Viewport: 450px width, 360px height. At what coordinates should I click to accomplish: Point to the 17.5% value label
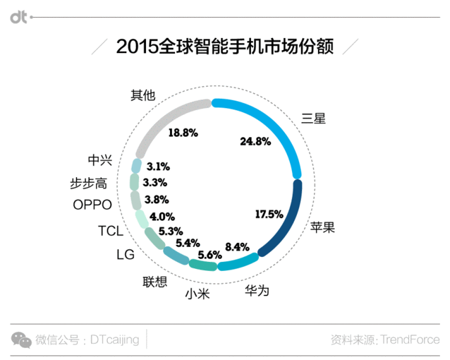point(269,214)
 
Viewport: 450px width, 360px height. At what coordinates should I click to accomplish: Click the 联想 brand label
point(155,282)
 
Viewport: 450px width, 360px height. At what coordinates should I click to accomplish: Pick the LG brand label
point(125,255)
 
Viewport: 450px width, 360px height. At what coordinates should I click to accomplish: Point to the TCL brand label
point(110,230)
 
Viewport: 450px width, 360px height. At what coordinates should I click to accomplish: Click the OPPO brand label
point(92,205)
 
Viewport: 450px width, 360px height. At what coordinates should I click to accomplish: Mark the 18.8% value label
point(183,132)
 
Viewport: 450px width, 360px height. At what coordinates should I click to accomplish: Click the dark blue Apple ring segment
point(289,219)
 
